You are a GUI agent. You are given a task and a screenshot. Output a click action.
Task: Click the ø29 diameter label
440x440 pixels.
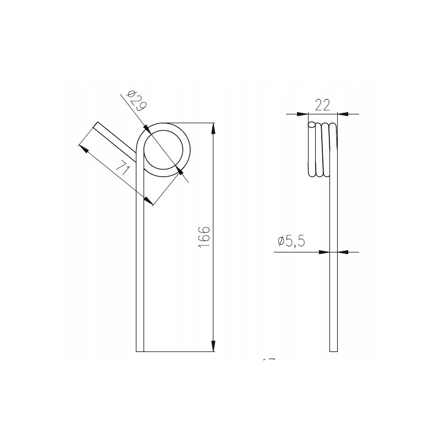pos(136,101)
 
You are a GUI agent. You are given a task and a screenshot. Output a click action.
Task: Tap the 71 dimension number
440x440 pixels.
pos(123,167)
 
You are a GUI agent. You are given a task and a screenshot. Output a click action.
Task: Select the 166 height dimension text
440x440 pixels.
pos(204,237)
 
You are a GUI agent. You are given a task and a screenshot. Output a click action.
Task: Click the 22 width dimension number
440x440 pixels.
pos(322,105)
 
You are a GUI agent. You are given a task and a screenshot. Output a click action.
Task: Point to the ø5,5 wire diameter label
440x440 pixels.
pos(291,241)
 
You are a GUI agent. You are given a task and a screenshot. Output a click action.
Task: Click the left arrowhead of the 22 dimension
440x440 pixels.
pos(302,114)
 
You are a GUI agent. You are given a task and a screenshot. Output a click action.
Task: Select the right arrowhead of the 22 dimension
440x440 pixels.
pos(343,114)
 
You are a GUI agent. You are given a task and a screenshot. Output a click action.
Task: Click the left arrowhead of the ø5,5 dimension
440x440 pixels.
pos(324,252)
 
